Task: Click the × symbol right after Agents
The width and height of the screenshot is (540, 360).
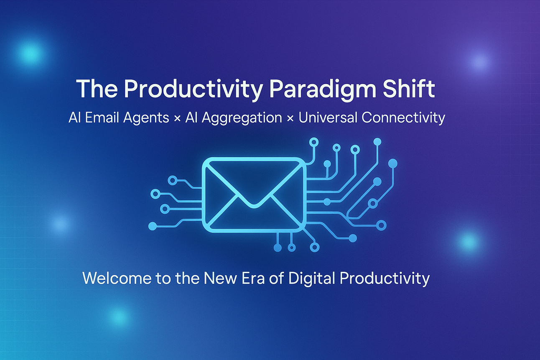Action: tap(177, 119)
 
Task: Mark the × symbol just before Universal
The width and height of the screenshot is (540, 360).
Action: tap(290, 119)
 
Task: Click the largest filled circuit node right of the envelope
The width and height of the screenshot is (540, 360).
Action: tap(393, 163)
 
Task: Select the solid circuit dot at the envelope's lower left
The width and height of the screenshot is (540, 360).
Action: tap(153, 226)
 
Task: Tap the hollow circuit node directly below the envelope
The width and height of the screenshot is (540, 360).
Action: tap(292, 248)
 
